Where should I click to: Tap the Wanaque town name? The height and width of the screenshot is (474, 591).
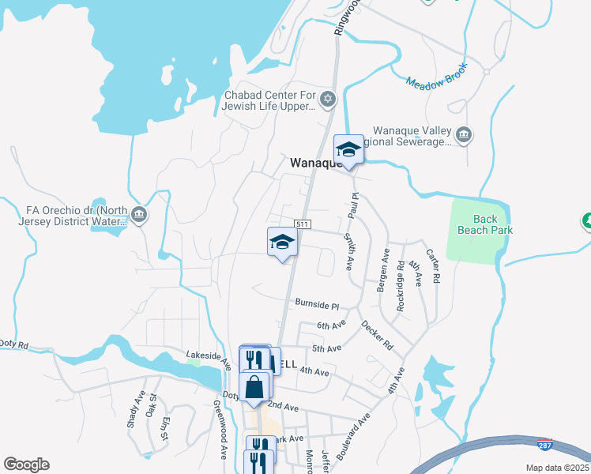[x=314, y=163]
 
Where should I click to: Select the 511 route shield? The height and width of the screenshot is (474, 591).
[x=301, y=224]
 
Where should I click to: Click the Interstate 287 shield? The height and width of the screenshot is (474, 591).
[x=544, y=444]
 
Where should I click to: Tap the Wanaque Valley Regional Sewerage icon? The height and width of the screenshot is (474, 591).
[x=464, y=135]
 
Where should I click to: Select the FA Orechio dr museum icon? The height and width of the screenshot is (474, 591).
[x=139, y=215]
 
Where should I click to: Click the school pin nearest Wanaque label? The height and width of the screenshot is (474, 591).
[x=348, y=149]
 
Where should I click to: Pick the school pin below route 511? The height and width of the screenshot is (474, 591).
[x=282, y=243]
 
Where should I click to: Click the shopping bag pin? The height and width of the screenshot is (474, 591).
[x=254, y=388]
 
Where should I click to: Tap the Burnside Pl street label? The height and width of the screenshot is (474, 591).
[x=316, y=305]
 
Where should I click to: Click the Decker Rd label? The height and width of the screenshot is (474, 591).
[x=377, y=335]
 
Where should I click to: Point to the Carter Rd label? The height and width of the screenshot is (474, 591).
[x=433, y=266]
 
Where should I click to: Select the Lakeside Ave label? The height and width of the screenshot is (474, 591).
[x=209, y=360]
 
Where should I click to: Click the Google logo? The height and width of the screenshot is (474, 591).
[x=26, y=465]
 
